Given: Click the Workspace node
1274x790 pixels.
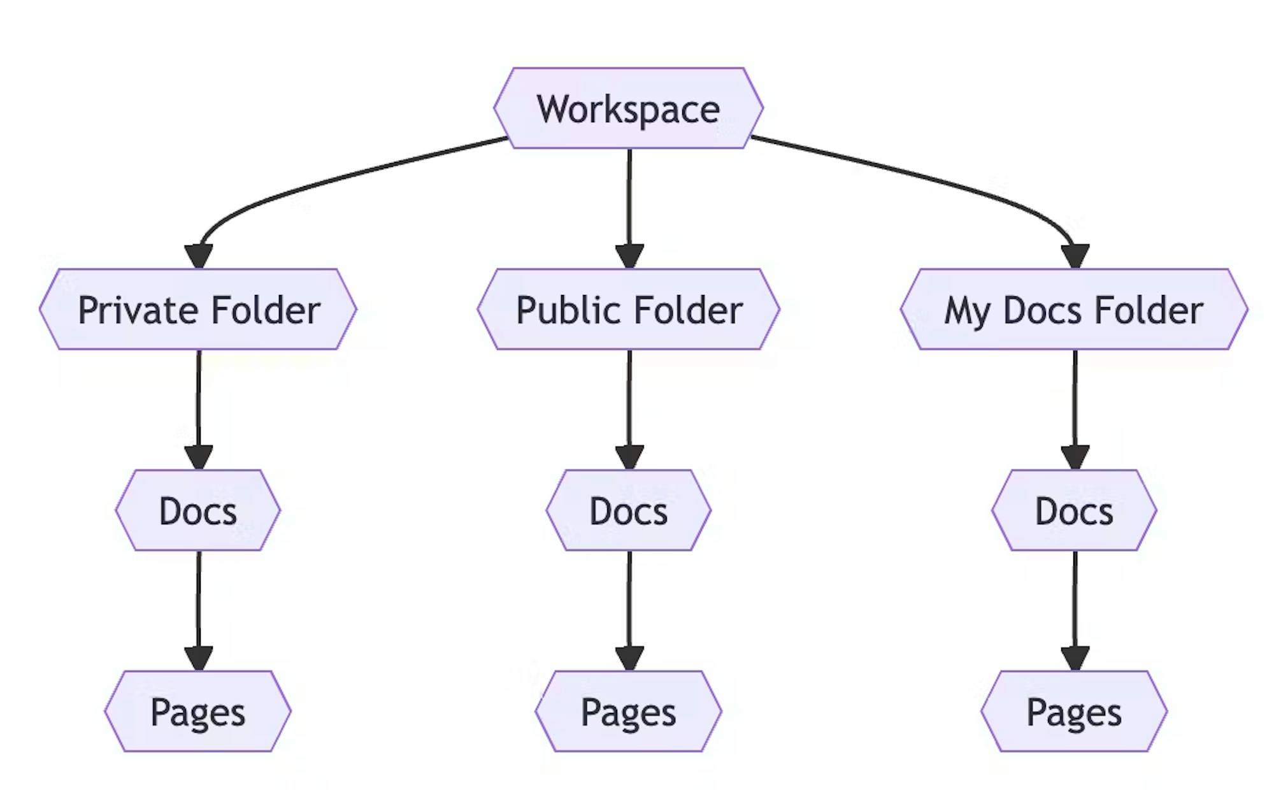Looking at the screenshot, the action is [x=628, y=108].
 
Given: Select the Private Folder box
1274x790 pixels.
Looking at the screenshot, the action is [x=198, y=309].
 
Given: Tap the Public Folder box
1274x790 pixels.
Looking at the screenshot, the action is [x=628, y=309].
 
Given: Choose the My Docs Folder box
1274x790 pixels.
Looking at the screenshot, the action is [x=1074, y=309].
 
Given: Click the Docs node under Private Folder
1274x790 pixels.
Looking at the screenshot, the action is [x=198, y=510].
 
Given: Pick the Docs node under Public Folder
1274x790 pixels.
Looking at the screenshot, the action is [x=628, y=510].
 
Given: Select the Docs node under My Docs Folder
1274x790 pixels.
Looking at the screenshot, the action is [x=1074, y=510].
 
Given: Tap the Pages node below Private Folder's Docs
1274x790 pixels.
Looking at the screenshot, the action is [x=198, y=711].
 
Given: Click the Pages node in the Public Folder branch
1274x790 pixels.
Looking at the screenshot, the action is [x=628, y=711].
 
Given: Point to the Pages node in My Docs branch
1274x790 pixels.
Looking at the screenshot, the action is [x=1074, y=711].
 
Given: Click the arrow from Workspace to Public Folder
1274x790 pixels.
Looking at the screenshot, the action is [x=629, y=209].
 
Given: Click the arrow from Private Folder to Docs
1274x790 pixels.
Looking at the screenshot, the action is [x=199, y=410].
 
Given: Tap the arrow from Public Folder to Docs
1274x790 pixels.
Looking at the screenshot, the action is [x=629, y=410].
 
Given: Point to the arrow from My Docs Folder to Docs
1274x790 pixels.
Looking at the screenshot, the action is [x=1075, y=410].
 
